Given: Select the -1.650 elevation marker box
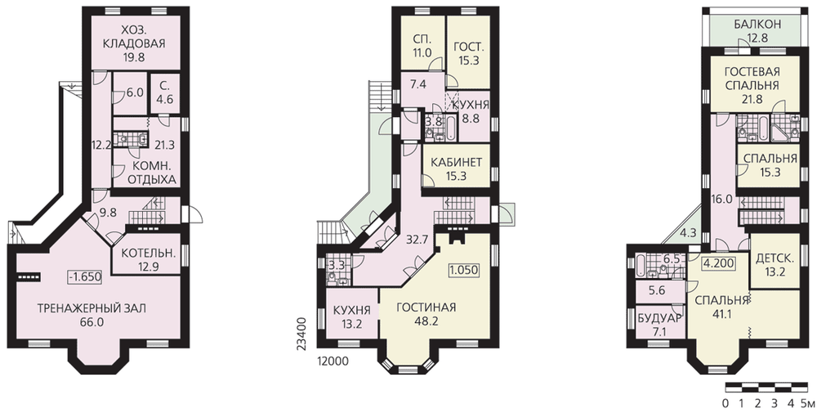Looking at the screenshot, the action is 84,277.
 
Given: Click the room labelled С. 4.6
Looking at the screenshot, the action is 165,94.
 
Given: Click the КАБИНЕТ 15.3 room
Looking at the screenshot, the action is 457,168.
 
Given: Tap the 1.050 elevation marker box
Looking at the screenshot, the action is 464,270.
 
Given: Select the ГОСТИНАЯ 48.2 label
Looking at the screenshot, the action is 426,314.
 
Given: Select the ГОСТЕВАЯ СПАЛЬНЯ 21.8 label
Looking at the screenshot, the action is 754,85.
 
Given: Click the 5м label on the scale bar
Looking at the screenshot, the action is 806,403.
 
